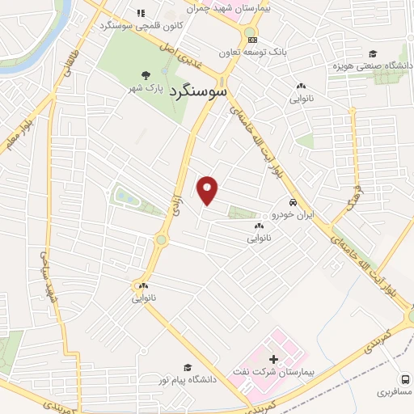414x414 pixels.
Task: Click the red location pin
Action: pos(208,189)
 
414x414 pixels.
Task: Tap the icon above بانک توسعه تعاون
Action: pos(253,40)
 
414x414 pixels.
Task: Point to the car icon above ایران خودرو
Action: pos(293,203)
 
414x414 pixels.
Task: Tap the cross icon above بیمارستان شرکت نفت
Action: pos(272,358)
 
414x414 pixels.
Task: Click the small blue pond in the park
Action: pos(123,196)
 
